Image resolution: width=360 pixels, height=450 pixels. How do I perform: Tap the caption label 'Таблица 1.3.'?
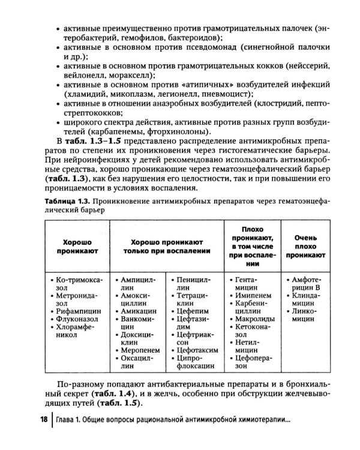point(68,202)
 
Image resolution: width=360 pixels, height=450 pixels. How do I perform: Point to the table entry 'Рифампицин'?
point(76,311)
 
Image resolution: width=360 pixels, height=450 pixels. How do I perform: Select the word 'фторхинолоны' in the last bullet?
point(179,131)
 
